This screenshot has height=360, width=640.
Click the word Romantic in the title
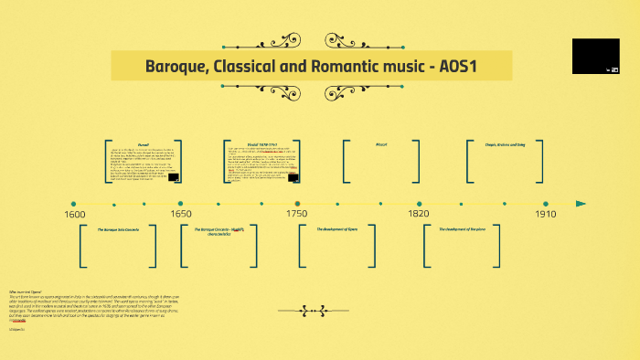(365, 67)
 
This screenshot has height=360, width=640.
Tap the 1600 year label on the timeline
(74, 214)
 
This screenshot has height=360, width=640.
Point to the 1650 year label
(181, 214)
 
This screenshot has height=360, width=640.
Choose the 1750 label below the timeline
(296, 214)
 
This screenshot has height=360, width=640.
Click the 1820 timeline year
(419, 214)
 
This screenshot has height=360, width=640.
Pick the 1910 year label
(546, 214)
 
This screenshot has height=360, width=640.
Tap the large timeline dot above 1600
(73, 204)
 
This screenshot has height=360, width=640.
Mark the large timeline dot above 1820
(419, 204)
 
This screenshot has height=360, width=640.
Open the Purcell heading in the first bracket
(144, 144)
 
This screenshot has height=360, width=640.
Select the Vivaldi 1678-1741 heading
(262, 144)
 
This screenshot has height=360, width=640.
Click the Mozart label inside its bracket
(382, 144)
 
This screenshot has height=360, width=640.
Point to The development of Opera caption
(337, 229)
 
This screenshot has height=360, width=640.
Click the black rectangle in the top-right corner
(596, 56)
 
